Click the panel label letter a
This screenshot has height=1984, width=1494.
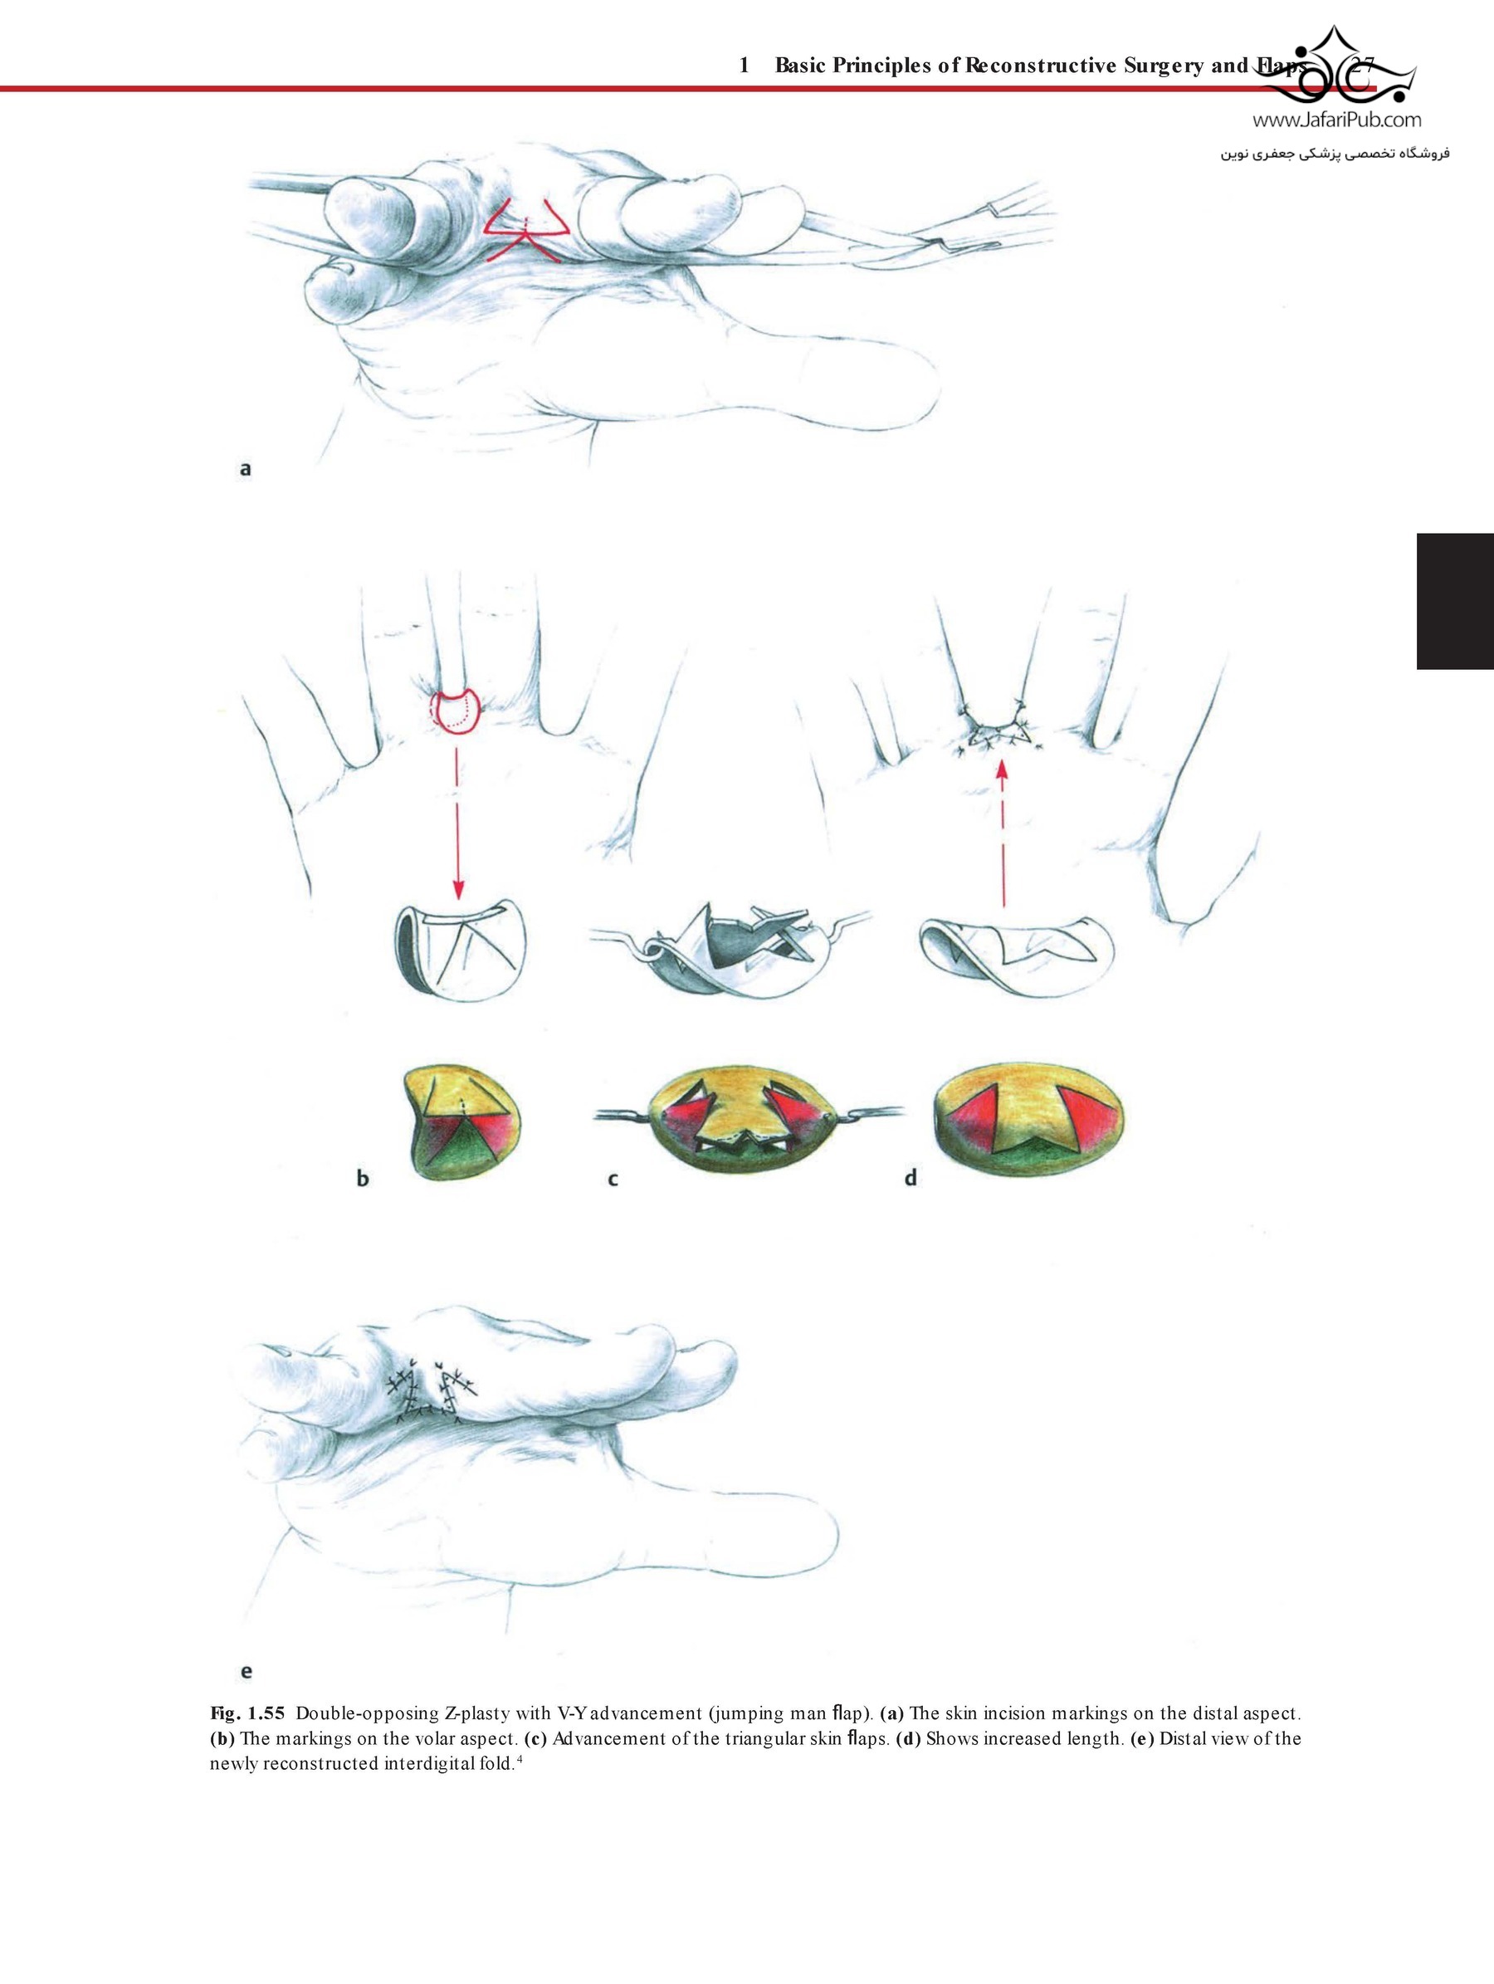[245, 468]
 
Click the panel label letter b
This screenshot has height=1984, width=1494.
[362, 1178]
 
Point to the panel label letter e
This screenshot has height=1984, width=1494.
[246, 1671]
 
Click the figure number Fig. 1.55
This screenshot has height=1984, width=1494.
[247, 1714]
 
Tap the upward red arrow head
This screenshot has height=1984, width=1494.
[1002, 769]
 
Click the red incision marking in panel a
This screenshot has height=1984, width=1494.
[526, 227]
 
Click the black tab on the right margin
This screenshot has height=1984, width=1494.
[1454, 601]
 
